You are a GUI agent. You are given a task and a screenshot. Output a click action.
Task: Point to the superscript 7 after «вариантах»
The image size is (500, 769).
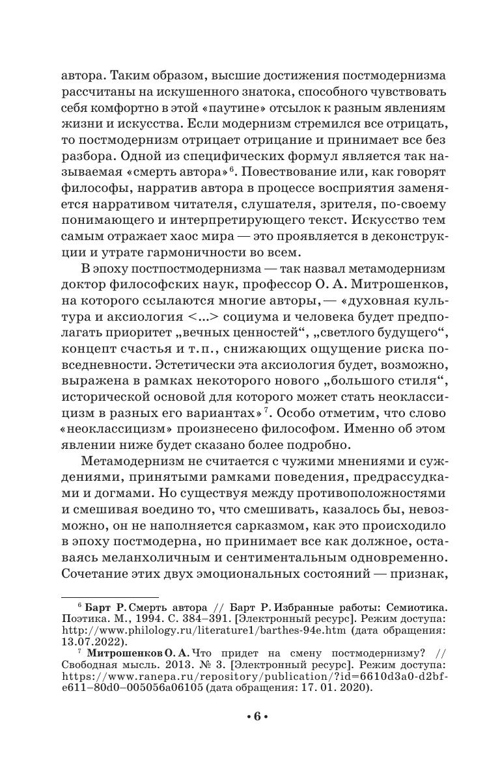point(267,411)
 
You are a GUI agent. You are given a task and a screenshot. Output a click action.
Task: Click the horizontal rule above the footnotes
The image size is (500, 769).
point(109,597)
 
